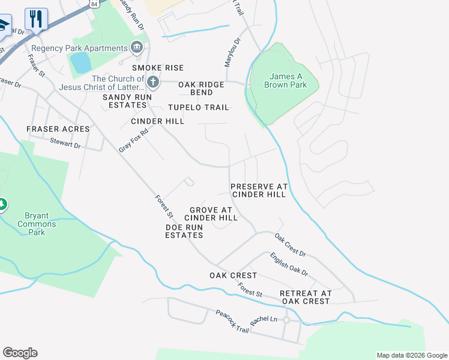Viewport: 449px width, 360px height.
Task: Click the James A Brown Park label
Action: (285, 80)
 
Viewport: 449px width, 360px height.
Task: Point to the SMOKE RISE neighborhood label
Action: (158, 68)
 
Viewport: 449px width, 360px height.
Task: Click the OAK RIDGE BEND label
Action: (201, 88)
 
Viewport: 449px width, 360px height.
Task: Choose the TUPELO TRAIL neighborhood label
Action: (198, 107)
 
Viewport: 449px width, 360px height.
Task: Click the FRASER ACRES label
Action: (58, 129)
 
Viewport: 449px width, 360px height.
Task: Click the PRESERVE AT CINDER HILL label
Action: (259, 190)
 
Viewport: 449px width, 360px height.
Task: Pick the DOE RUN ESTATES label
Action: (184, 231)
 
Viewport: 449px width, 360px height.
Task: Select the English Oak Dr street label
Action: (289, 264)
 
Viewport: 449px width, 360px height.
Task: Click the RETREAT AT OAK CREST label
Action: (305, 297)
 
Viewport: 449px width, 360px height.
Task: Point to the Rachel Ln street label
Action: (265, 320)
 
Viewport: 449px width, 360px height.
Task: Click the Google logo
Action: (20, 353)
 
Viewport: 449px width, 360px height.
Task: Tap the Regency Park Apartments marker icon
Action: (137, 47)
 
